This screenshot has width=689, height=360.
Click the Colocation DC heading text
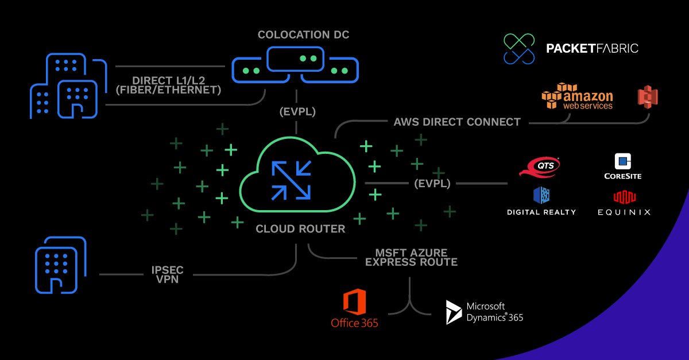coord(303,35)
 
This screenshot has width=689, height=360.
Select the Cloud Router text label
coord(300,229)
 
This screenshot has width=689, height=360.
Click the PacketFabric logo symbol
coord(519,48)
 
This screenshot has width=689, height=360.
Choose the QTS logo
coord(539,167)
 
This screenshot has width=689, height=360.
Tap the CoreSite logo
coord(622,167)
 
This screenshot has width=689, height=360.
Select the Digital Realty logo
coord(541,201)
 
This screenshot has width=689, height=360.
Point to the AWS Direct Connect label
coord(457,122)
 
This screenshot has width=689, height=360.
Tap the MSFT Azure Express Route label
coord(411,257)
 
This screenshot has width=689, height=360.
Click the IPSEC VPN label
coord(168,274)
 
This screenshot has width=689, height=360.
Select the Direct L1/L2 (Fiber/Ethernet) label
coord(168,85)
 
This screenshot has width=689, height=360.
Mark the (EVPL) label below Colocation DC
coord(296,112)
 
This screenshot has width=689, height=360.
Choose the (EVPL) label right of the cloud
coord(432,184)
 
